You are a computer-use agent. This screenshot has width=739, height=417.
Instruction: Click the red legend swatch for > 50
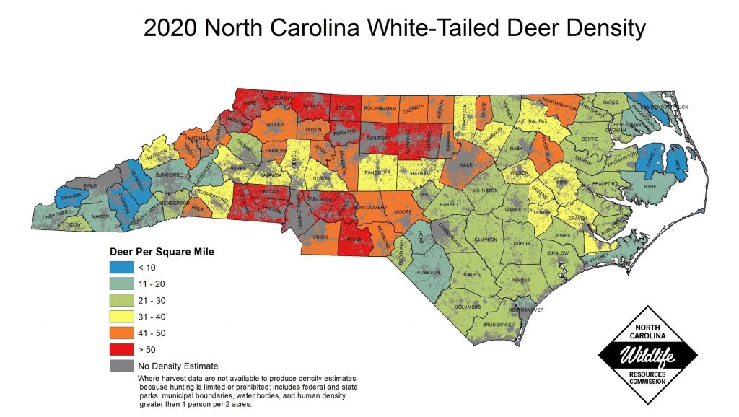coord(122,348)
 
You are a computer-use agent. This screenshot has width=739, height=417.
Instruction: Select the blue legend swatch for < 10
coord(122,266)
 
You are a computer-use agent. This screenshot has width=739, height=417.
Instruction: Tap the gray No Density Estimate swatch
coord(122,365)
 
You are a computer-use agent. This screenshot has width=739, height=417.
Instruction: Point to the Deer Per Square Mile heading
coord(162,252)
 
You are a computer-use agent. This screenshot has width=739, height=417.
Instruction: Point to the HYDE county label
coord(650,186)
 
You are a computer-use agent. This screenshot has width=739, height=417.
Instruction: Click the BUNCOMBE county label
coord(165,174)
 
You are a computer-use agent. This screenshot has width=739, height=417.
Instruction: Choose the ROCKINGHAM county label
coord(380,107)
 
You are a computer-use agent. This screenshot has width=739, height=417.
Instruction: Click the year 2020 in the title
coord(170,29)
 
